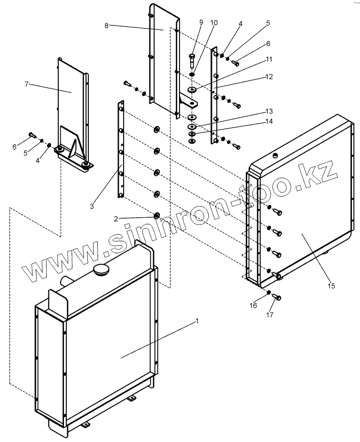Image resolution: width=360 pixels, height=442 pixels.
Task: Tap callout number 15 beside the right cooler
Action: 332,285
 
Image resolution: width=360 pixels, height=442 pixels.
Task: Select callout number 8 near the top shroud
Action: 107,26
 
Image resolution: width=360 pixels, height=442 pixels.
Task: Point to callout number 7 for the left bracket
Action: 27,84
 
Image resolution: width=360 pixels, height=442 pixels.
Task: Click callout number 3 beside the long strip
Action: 92,206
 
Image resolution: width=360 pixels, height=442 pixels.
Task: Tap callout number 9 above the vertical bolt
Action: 201,22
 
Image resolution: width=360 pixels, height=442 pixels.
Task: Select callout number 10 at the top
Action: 214,22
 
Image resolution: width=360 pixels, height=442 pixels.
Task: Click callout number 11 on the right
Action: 269,59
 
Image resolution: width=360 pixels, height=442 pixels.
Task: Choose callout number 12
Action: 269,76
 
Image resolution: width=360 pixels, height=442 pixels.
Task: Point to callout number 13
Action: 269,111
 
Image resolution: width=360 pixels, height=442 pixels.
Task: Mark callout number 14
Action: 269,121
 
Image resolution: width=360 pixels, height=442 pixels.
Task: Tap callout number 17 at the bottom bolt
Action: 270,316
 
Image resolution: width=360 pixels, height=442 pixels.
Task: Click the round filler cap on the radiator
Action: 101,271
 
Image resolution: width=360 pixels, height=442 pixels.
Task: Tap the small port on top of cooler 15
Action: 275,155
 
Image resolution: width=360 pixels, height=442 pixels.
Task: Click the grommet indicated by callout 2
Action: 157,216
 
